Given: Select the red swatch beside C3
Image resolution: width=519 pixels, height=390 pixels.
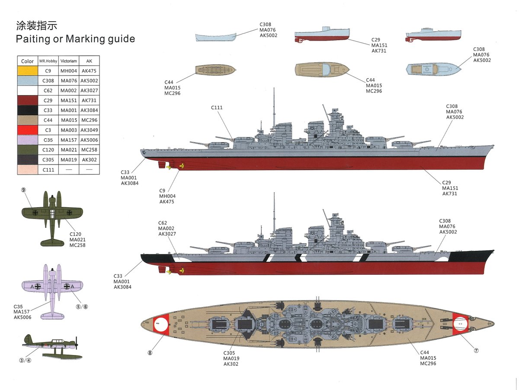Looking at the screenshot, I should click(x=27, y=130).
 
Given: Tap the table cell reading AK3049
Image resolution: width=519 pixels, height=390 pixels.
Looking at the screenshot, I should click(x=89, y=130).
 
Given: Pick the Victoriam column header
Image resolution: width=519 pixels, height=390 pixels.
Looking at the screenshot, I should click(x=68, y=61).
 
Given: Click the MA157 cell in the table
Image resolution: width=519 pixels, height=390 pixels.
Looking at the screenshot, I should click(x=68, y=140).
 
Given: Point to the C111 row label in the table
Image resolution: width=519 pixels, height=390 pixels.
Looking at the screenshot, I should click(x=48, y=170).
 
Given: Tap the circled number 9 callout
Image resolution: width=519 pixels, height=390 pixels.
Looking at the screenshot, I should click(x=24, y=190).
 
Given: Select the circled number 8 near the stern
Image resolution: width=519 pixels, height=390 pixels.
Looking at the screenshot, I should click(x=150, y=352).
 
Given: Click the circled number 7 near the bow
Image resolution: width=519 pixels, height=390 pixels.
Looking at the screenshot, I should click(x=476, y=350).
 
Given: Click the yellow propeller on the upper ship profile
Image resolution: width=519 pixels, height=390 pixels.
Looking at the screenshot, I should click(x=181, y=165).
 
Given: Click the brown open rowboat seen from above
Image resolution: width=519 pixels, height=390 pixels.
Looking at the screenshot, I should click(x=215, y=70).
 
